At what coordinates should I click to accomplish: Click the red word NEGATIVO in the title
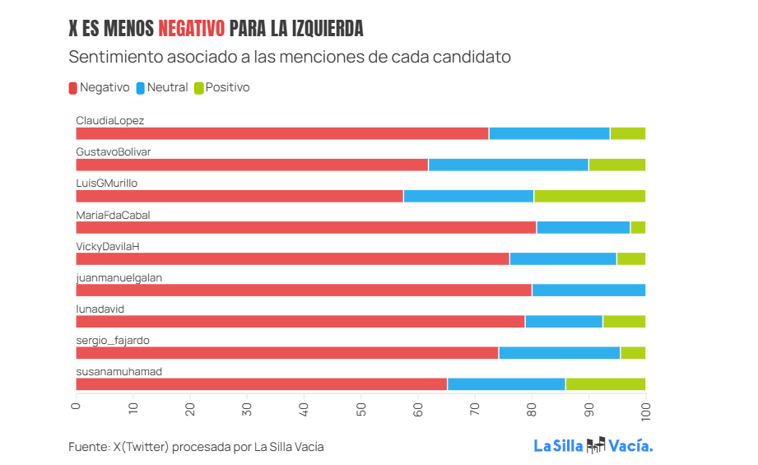coord(191,29)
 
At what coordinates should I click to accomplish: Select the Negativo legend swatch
coord(73,87)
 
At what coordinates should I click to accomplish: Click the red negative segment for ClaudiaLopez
coord(281,133)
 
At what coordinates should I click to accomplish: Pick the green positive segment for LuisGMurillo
coord(589,196)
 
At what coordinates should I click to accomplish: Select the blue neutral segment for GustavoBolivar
coord(508,165)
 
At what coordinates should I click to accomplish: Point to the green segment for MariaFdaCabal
coord(638,227)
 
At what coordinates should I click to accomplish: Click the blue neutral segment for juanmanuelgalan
coord(588,290)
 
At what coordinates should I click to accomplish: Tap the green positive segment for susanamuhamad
coord(605,384)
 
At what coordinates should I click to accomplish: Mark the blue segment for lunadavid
coord(564,321)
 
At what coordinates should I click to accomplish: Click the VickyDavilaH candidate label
coord(109,246)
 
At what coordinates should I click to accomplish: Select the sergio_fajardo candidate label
coord(113,340)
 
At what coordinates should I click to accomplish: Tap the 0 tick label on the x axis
coord(76,405)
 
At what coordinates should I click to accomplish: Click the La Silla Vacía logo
coord(593,446)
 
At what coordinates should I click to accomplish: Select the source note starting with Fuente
coord(196,447)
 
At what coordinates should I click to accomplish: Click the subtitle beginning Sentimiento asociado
coord(290,58)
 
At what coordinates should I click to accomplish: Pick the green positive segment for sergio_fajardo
coord(633,352)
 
